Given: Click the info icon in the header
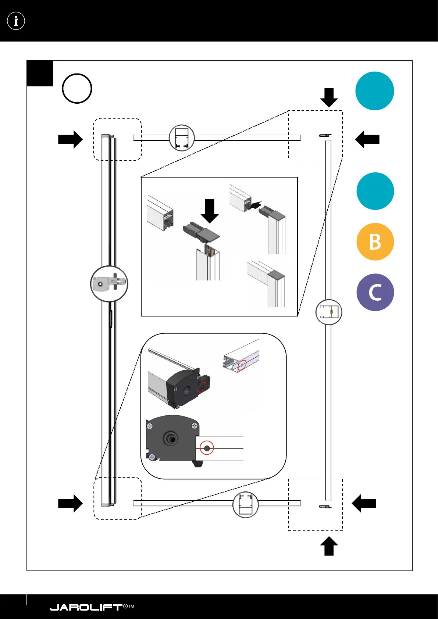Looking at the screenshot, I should click(16, 21).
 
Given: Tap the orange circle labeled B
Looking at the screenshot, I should click(375, 242).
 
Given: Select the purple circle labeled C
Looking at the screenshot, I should click(375, 292).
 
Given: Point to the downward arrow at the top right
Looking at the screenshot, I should click(329, 97).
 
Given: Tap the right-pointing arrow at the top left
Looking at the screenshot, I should click(70, 139).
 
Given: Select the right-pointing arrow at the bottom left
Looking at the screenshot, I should click(70, 503).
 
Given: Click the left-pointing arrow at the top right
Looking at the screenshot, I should click(367, 139).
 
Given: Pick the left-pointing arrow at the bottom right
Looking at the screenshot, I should click(364, 503).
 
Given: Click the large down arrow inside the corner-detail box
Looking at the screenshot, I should click(210, 211).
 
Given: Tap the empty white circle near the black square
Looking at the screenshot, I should click(77, 89).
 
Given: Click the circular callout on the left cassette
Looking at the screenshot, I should click(109, 284).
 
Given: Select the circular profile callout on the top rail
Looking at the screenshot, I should click(182, 138).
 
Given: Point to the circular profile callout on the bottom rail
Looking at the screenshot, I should click(246, 505).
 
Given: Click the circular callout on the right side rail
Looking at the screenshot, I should click(329, 312).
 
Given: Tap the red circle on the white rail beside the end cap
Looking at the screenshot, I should click(207, 448).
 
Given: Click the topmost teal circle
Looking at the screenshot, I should click(374, 91).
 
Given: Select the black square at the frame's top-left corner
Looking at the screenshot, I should click(40, 73).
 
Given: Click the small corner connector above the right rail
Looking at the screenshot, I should click(325, 135).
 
